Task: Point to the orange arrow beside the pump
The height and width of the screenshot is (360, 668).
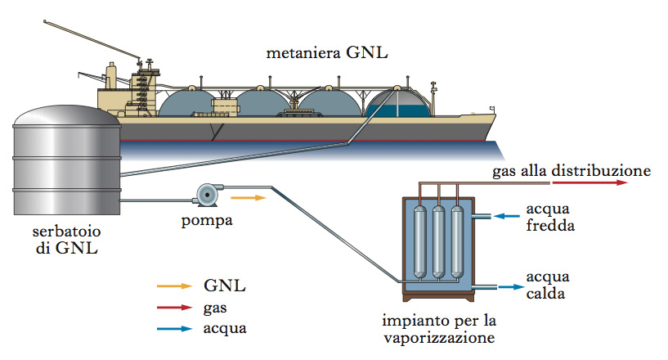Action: click(249, 197)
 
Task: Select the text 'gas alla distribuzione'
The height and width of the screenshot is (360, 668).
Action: click(571, 171)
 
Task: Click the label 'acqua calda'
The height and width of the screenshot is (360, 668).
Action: click(548, 285)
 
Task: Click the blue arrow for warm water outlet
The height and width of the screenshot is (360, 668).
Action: click(509, 286)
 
